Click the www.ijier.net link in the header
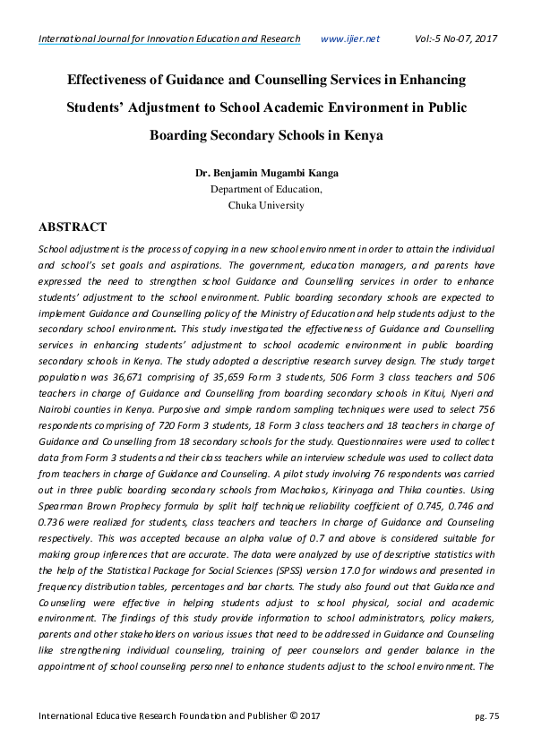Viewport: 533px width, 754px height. click(x=349, y=39)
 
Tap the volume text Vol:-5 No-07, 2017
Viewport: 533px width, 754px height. click(x=456, y=39)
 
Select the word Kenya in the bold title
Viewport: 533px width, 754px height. click(x=362, y=136)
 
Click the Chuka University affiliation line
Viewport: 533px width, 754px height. click(x=266, y=205)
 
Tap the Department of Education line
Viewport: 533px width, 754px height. click(x=266, y=189)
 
